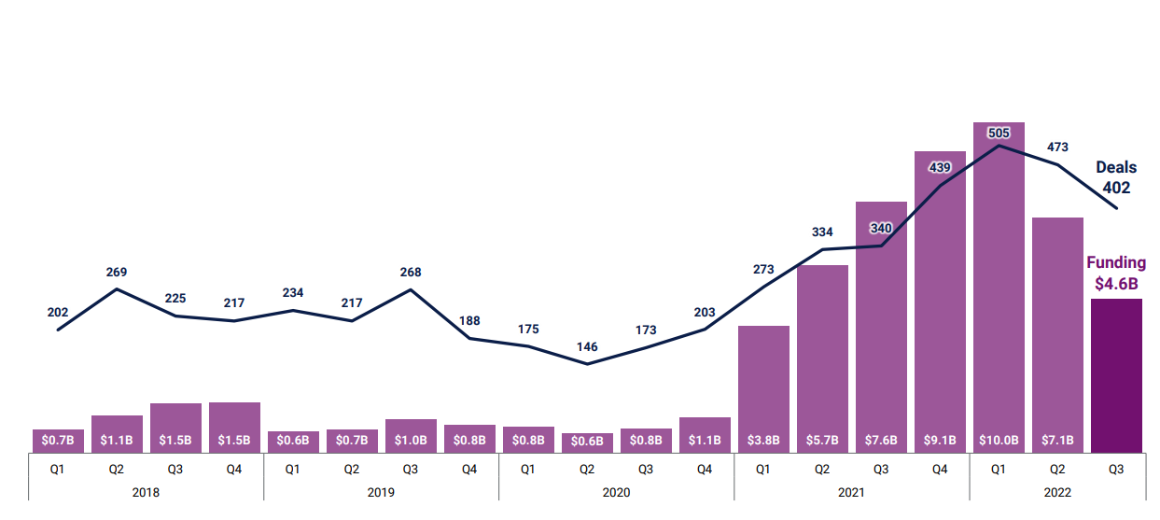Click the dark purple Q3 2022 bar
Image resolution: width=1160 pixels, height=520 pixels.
point(1116,375)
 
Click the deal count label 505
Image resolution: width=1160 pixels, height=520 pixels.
point(999,133)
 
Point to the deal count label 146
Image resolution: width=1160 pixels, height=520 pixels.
point(587,346)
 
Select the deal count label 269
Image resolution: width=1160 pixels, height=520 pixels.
point(117,272)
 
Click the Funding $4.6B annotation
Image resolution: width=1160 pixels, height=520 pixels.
point(1116,273)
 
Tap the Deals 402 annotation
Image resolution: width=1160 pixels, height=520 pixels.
point(1116,177)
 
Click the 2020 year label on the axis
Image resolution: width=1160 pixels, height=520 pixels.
point(616,492)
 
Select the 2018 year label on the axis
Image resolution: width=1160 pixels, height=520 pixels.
point(146,492)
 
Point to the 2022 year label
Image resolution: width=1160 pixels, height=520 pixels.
point(1057,492)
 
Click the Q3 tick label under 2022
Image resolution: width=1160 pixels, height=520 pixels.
point(1116,470)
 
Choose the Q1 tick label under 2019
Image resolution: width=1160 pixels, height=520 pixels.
point(293,470)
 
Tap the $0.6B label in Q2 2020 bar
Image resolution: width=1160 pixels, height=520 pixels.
point(587,440)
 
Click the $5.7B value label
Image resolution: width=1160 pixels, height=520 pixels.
point(822,440)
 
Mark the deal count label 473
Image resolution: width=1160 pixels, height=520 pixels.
point(1057,147)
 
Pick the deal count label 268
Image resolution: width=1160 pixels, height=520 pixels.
point(411,272)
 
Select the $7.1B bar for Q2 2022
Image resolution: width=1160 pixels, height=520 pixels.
point(1057,327)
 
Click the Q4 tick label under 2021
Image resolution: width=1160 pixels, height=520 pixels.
point(940,470)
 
